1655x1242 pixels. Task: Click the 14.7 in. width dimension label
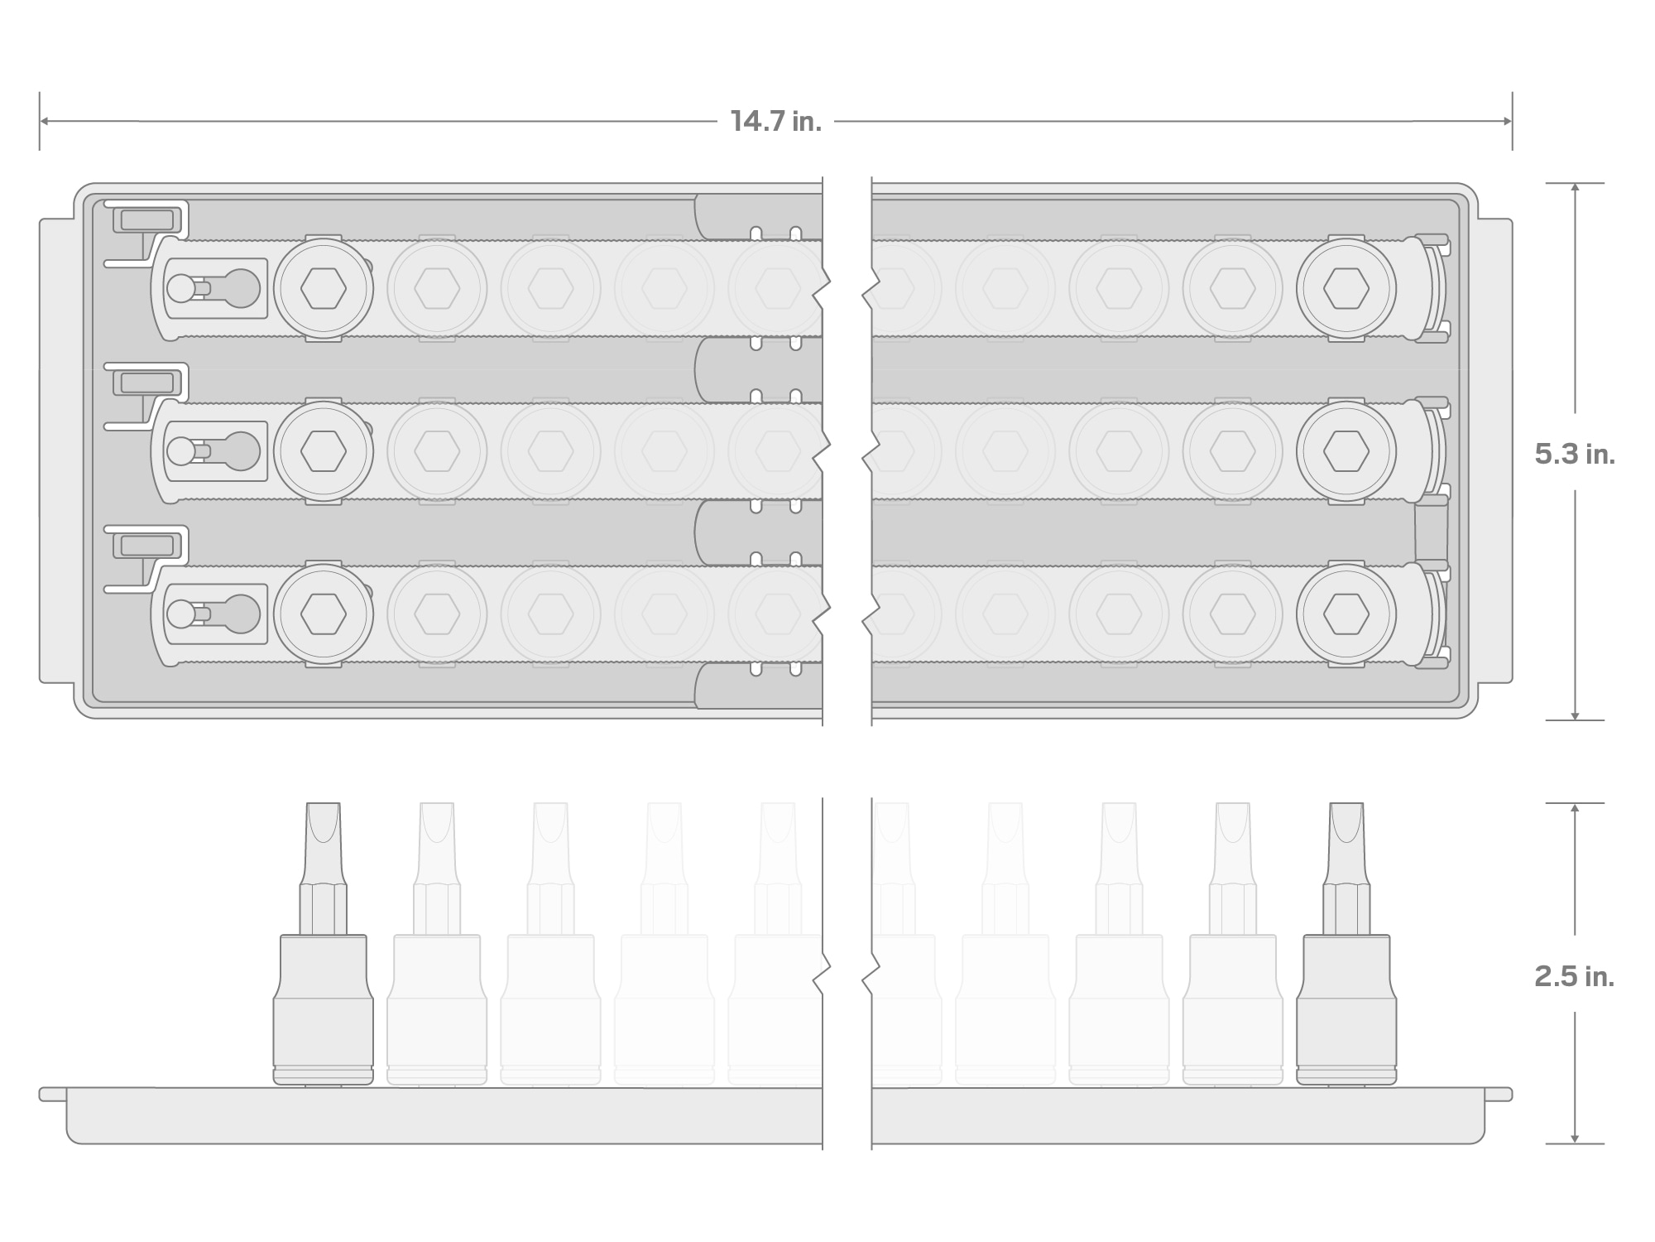pyautogui.click(x=775, y=122)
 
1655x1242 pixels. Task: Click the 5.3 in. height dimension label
pyautogui.click(x=1575, y=454)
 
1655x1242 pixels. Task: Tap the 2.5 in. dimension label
pyautogui.click(x=1575, y=977)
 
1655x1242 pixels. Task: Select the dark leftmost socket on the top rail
pyautogui.click(x=324, y=289)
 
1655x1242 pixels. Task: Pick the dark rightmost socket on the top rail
pyautogui.click(x=1346, y=289)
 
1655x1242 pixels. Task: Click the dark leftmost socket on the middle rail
pyautogui.click(x=324, y=451)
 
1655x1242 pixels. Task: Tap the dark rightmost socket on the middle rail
pyautogui.click(x=1346, y=451)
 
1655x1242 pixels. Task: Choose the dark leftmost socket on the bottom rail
pyautogui.click(x=324, y=614)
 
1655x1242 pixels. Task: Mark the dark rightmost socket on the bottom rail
pyautogui.click(x=1346, y=614)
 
